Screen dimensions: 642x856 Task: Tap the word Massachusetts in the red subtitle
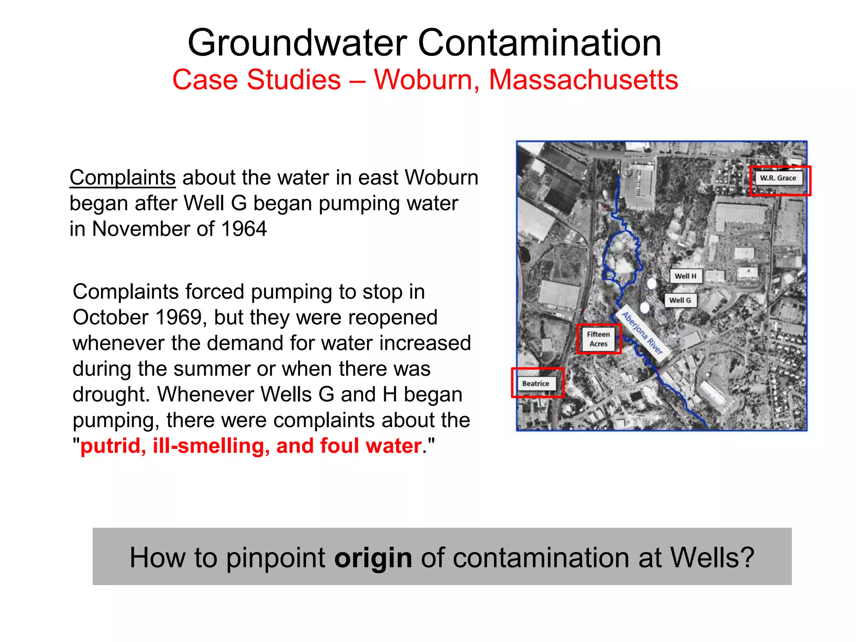coord(583,80)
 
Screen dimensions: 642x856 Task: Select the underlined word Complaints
coord(122,178)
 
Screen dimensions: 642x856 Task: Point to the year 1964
coord(244,229)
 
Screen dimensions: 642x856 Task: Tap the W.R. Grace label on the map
coord(778,178)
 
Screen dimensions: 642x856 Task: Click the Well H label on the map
coord(685,276)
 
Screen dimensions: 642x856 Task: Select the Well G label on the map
coord(680,300)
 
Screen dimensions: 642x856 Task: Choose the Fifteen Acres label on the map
coord(598,339)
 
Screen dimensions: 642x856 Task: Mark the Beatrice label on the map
coord(535,384)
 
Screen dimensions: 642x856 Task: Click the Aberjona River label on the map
coord(642,333)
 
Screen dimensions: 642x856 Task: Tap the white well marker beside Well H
coord(652,283)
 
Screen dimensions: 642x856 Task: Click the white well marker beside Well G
coord(645,308)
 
